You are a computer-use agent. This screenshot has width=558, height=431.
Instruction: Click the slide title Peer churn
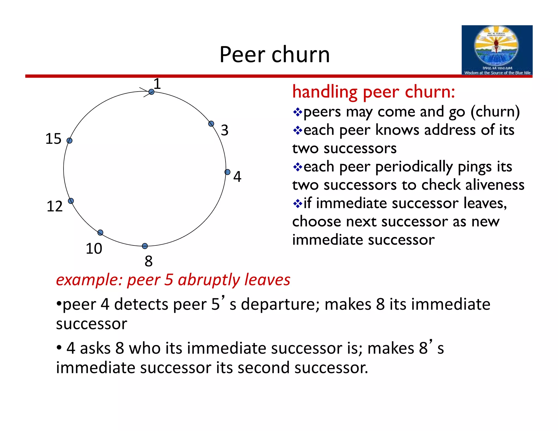(274, 54)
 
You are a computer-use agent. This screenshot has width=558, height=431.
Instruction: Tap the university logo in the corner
(497, 50)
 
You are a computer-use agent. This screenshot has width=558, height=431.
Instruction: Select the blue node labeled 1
(151, 92)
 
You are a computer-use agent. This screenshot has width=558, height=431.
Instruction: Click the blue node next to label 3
(211, 124)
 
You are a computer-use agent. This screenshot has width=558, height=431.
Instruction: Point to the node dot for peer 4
(228, 172)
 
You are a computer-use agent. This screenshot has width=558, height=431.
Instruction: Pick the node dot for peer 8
(145, 246)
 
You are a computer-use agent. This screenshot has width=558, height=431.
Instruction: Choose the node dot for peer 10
(100, 232)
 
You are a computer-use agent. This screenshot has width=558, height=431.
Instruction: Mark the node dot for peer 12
(71, 201)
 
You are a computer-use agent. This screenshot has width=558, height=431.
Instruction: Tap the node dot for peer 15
(69, 141)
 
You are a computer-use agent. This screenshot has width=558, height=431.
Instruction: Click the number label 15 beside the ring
(53, 139)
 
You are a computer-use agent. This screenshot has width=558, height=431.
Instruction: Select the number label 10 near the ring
(94, 248)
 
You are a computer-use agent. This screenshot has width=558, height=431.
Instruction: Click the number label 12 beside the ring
(54, 206)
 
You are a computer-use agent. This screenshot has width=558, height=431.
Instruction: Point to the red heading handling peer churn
(373, 92)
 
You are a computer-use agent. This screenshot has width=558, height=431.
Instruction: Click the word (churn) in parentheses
(495, 112)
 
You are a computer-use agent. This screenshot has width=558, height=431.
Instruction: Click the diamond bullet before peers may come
(298, 112)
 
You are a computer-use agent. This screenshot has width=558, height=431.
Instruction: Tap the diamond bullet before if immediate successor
(298, 204)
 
